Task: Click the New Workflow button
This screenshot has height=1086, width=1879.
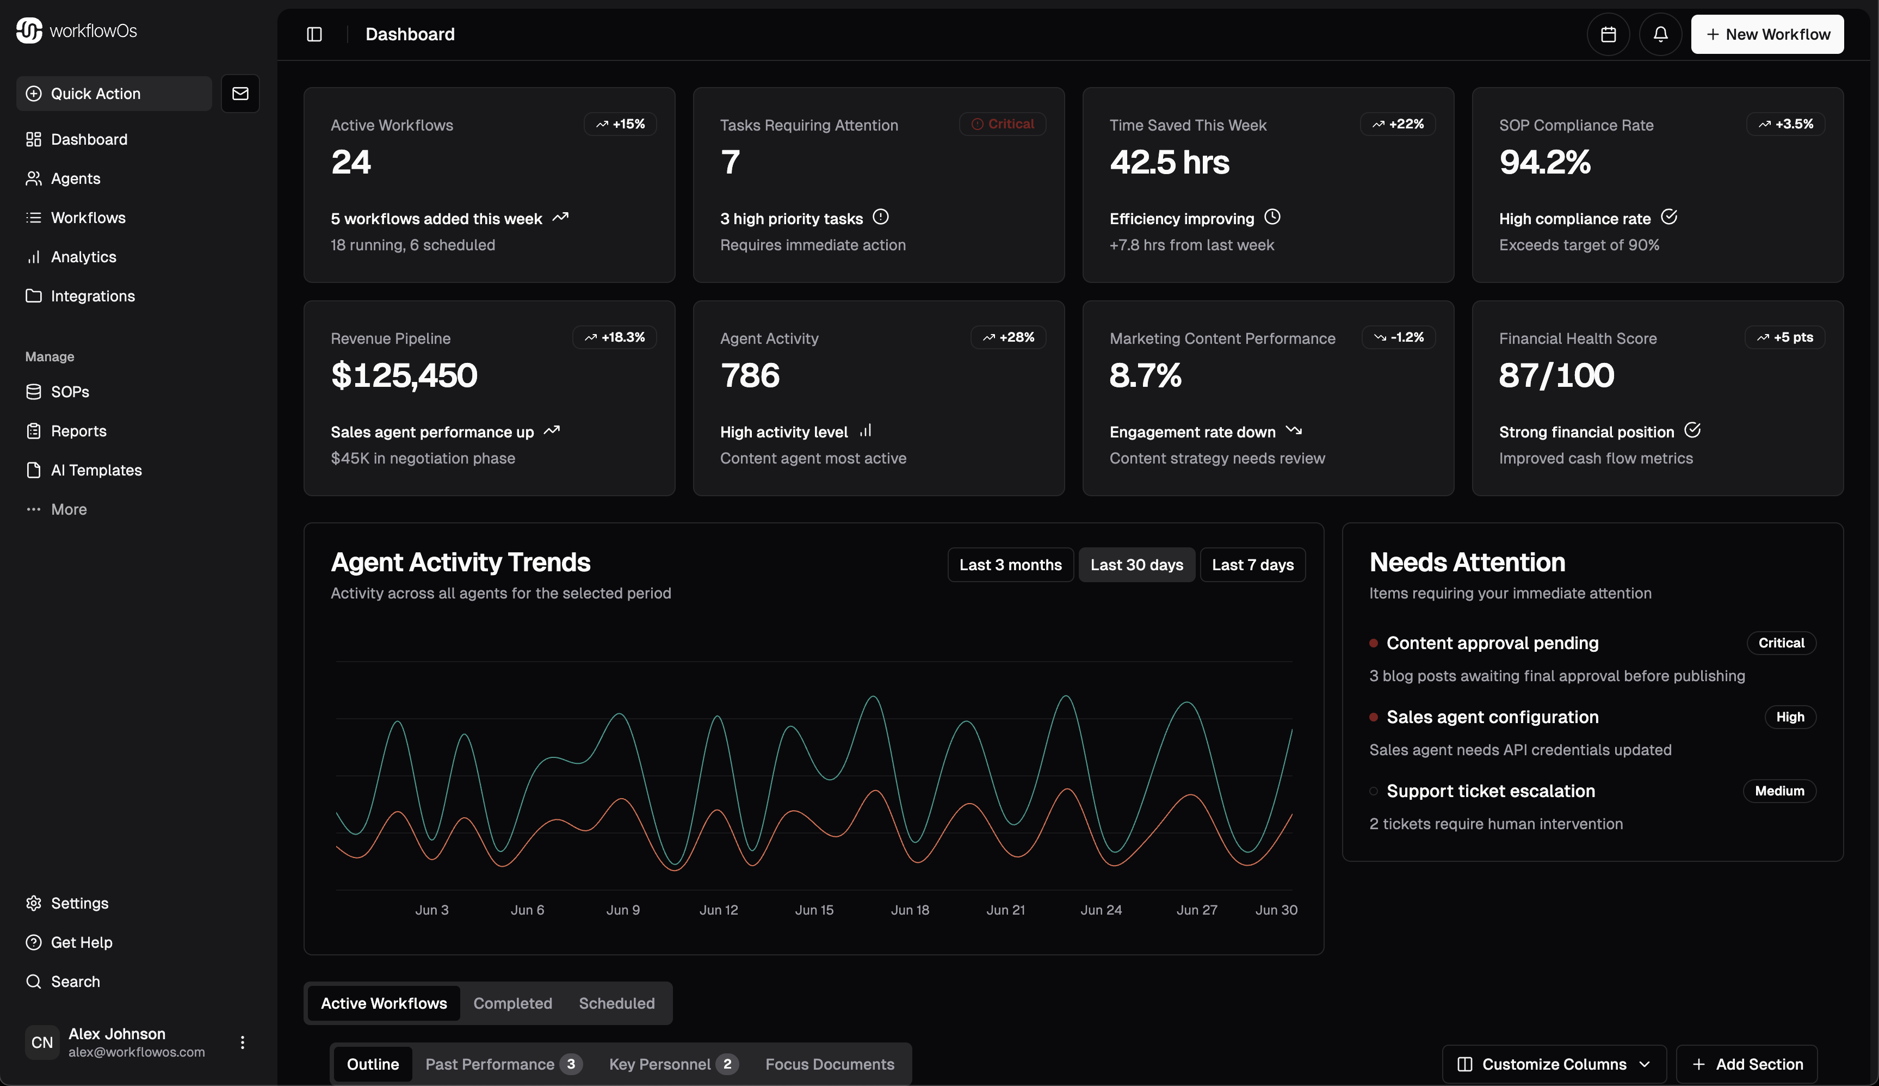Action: [1766, 34]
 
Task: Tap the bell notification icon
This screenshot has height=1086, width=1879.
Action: [1660, 34]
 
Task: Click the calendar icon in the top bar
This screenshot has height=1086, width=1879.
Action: [1608, 34]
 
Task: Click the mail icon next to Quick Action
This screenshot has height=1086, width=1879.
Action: [240, 93]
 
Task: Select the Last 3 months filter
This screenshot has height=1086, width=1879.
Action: [1010, 565]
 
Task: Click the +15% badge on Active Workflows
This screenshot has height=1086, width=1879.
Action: [620, 124]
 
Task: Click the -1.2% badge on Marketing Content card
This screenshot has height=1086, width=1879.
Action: [1398, 337]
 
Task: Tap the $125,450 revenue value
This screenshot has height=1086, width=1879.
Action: [404, 375]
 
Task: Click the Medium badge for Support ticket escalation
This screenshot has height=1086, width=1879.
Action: [1778, 791]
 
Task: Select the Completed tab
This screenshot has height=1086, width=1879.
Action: [512, 1003]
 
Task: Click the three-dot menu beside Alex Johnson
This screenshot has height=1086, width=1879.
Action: [242, 1042]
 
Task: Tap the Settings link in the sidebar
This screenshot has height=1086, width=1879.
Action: [79, 903]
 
